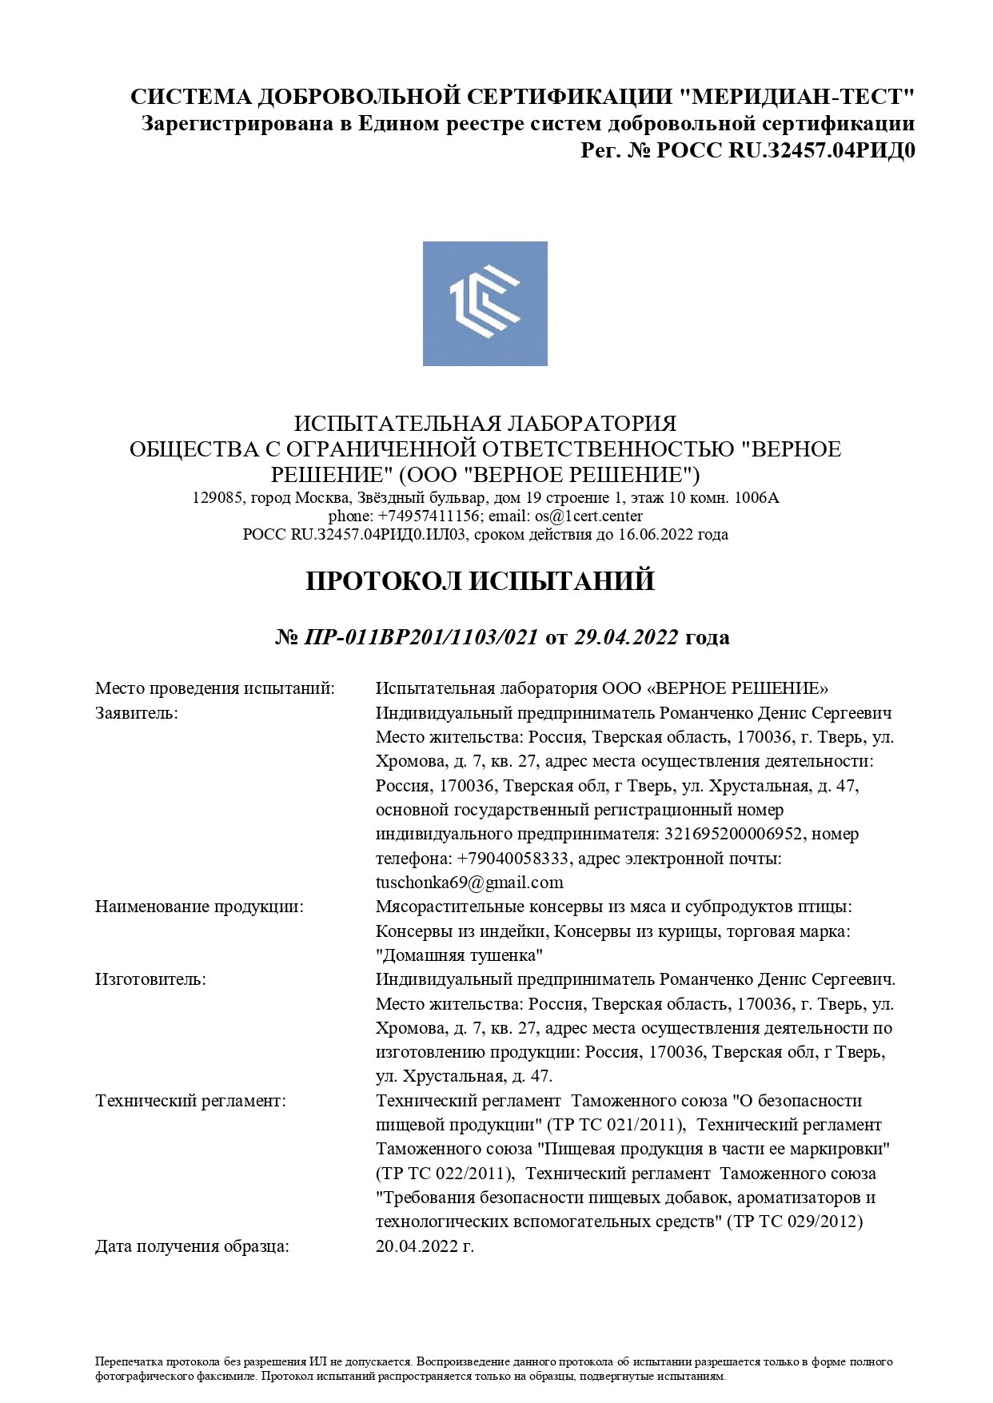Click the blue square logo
[485, 304]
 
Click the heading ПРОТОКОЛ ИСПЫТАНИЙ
[480, 581]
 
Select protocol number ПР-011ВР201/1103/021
[421, 637]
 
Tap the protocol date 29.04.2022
[626, 637]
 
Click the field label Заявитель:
[137, 713]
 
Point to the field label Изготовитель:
[150, 979]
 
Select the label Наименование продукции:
[199, 907]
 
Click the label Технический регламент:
[190, 1101]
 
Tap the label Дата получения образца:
[192, 1246]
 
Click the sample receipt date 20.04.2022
[425, 1246]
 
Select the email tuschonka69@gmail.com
[469, 883]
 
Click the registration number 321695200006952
[733, 834]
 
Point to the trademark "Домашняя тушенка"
[460, 955]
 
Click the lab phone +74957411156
[429, 516]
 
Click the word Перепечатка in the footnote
[122, 1361]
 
